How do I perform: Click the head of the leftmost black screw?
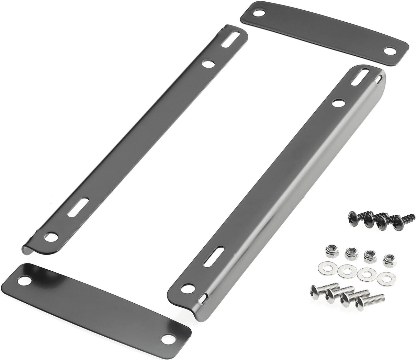[353, 217]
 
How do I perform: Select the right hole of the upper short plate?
[389, 51]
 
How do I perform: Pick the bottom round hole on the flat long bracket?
[51, 236]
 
